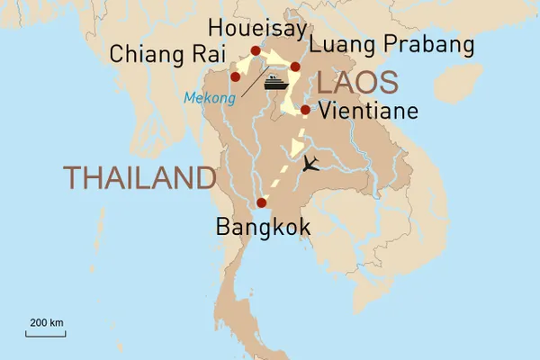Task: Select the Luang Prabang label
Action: pos(390,45)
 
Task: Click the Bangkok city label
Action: pos(263,227)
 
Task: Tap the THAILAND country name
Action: pos(139,178)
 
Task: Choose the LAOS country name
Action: pos(357,83)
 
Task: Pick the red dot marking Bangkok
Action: pos(261,202)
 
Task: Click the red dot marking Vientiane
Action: pos(305,111)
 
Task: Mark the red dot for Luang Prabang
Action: pos(295,67)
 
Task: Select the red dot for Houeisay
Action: pos(256,51)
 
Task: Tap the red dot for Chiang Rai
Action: pos(236,76)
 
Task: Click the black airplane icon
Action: pos(311,164)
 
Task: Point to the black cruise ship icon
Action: pos(275,82)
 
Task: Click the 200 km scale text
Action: pos(46,322)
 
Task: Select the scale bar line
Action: pos(46,334)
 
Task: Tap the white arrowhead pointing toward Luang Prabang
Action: pos(274,62)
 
